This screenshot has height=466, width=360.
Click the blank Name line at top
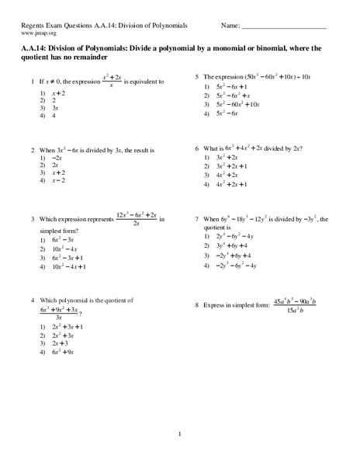point(284,29)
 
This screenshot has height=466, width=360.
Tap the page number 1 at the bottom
point(179,433)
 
